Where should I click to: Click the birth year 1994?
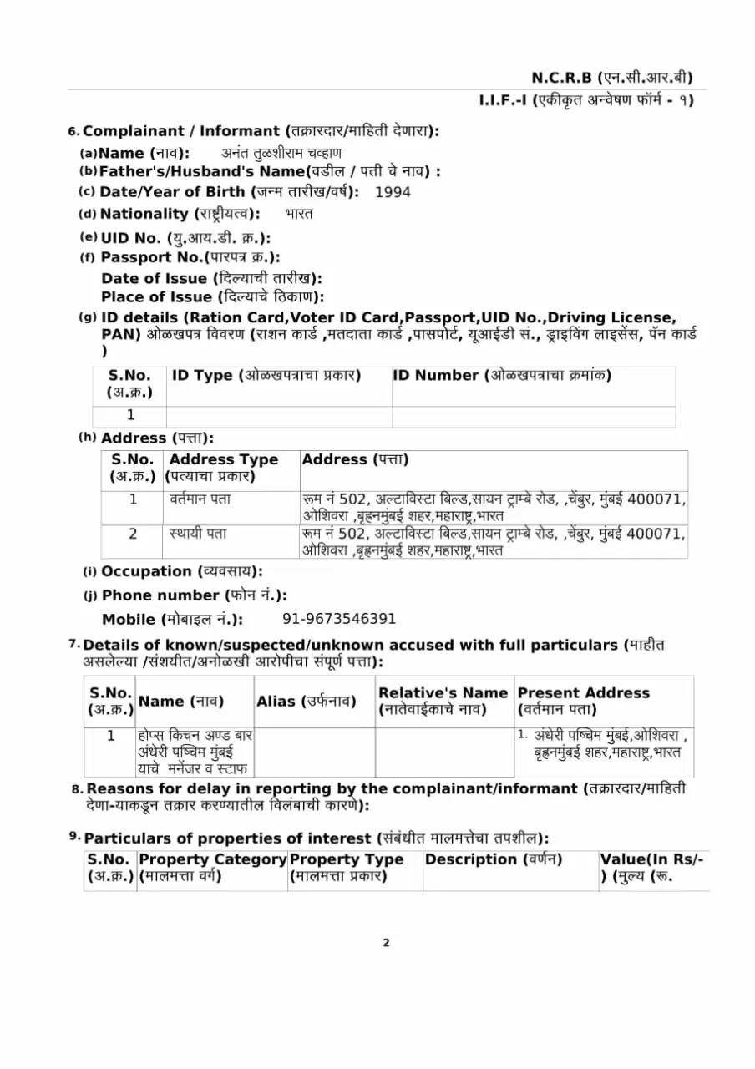tap(393, 192)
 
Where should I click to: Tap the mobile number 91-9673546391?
tap(339, 619)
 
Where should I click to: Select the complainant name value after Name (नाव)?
tap(281, 153)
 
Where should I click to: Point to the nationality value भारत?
tap(298, 214)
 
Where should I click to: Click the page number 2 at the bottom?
tap(386, 943)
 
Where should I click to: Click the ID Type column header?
tap(266, 376)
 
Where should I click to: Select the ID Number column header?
tap(502, 376)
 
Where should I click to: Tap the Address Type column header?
tap(224, 468)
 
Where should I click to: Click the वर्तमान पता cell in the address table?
tap(200, 499)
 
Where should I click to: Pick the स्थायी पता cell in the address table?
tap(198, 533)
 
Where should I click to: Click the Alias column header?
tap(307, 702)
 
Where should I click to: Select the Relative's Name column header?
tap(443, 701)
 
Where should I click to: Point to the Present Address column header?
tap(583, 701)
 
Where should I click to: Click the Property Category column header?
tap(212, 868)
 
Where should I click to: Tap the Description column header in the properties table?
tap(494, 859)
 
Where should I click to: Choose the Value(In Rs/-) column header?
tap(652, 868)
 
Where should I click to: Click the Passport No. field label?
tap(190, 257)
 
